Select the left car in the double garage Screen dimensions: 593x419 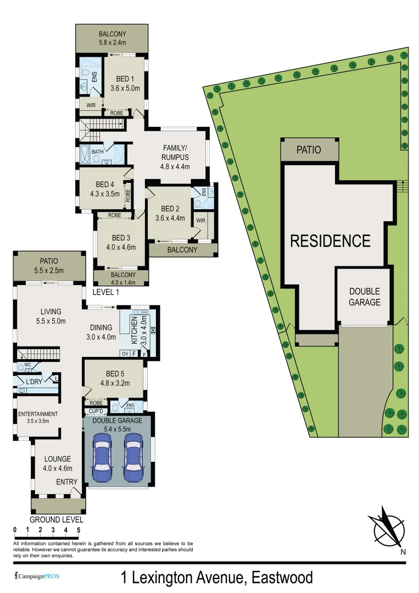click(x=103, y=457)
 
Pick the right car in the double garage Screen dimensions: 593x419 click(x=134, y=457)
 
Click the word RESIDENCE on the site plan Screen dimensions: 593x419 click(x=330, y=240)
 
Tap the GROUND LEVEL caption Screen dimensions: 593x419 click(x=57, y=519)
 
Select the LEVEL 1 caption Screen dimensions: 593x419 click(x=105, y=293)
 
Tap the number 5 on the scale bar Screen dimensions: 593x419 click(x=79, y=530)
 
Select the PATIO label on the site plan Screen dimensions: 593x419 click(x=309, y=149)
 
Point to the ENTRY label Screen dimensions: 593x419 click(x=67, y=482)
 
